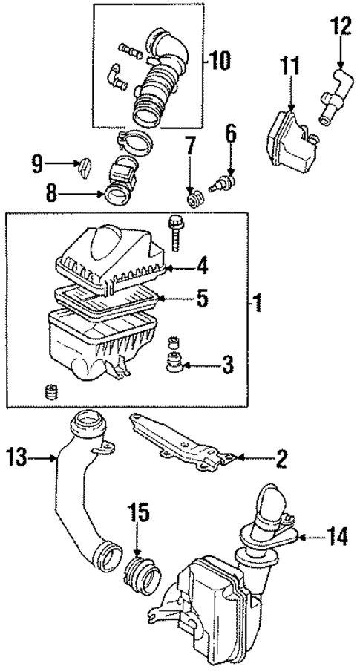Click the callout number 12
point(339,28)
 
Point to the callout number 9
point(37,163)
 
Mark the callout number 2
point(281,460)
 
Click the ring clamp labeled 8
point(117,195)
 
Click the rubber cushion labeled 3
point(176,364)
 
